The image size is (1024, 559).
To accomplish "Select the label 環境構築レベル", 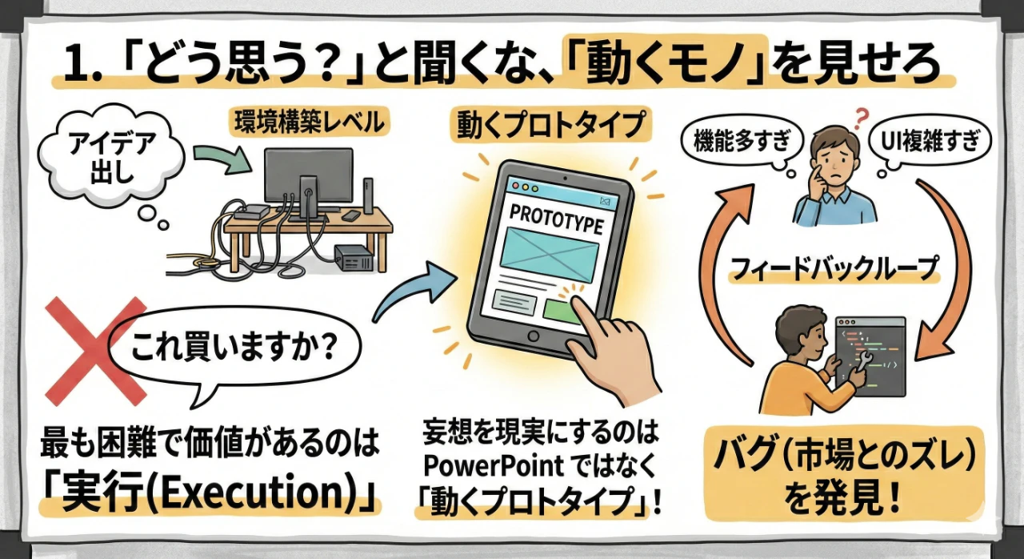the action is [x=302, y=123].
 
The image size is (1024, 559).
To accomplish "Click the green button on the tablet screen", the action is [x=563, y=311].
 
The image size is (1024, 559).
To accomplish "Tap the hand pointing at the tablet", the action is [x=610, y=352].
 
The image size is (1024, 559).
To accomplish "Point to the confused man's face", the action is [x=832, y=157].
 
